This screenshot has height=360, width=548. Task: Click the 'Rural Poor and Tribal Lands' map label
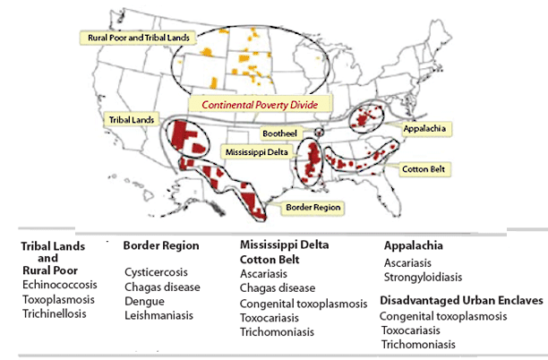[136, 39]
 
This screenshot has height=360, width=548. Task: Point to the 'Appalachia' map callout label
[426, 128]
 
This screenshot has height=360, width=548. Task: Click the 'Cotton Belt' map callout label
[424, 168]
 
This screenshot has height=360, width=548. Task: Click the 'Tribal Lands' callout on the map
[131, 118]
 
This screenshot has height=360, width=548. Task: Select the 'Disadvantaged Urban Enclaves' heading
[461, 301]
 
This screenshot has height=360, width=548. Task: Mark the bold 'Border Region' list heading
[161, 245]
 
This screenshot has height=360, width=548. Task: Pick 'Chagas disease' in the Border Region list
[162, 287]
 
